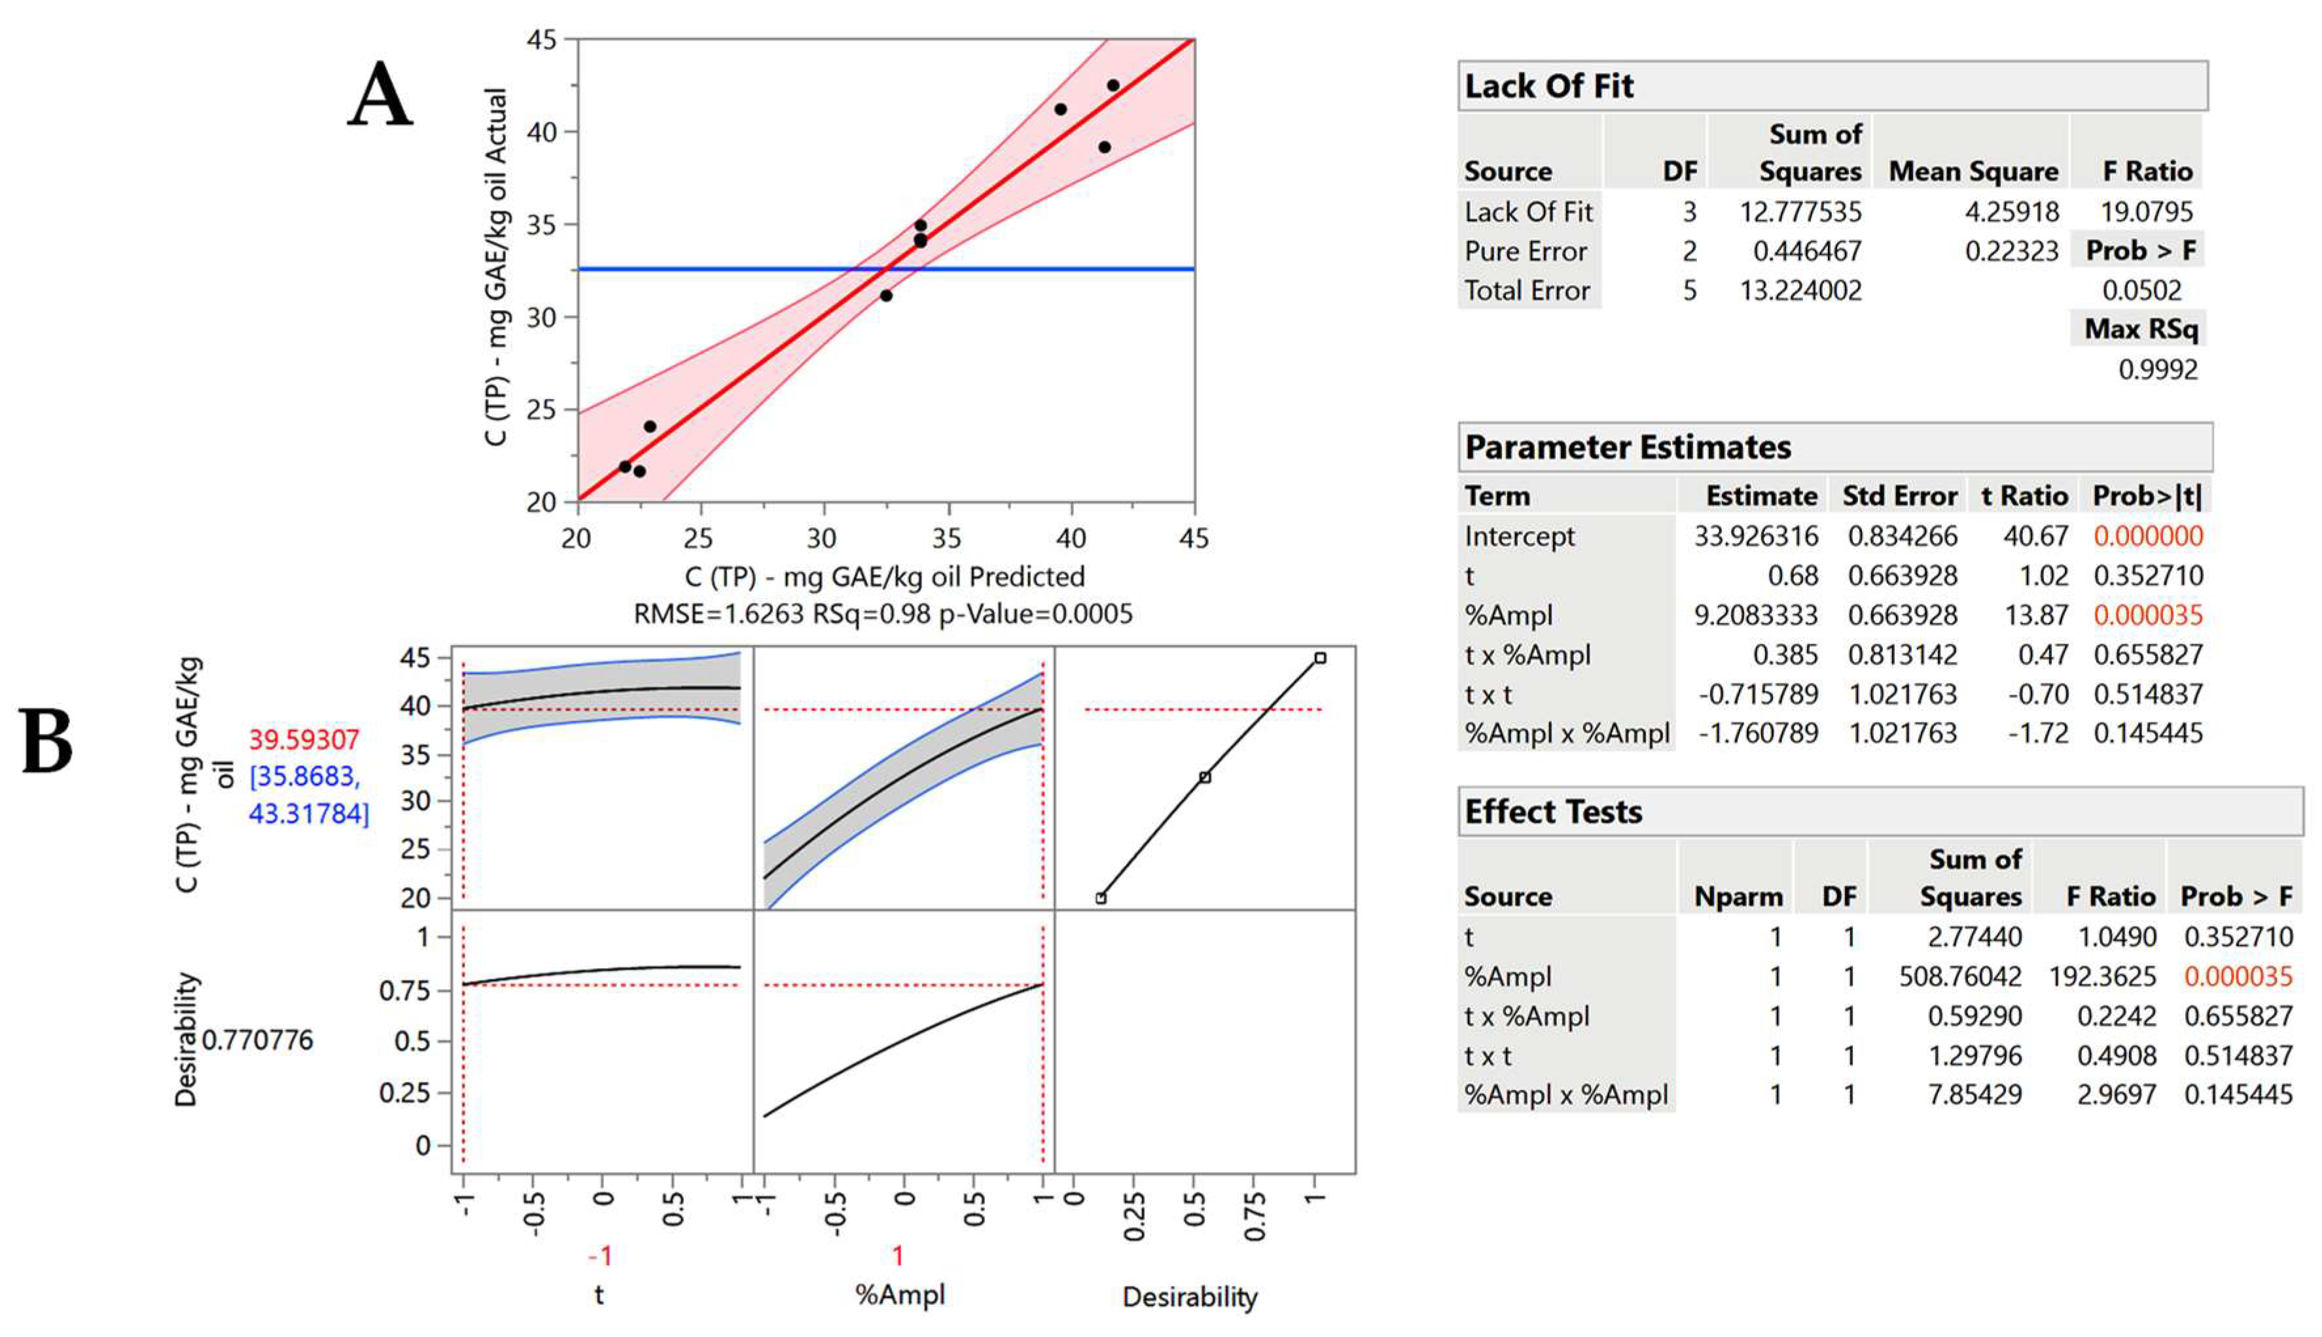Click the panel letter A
(x=380, y=95)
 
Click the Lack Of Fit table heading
(x=1548, y=86)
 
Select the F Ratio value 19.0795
(x=2146, y=212)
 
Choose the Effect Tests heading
(x=1553, y=812)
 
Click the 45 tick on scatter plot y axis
(x=541, y=39)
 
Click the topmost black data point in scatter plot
(x=1113, y=86)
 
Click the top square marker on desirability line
(x=1320, y=657)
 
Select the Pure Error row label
(x=1525, y=252)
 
